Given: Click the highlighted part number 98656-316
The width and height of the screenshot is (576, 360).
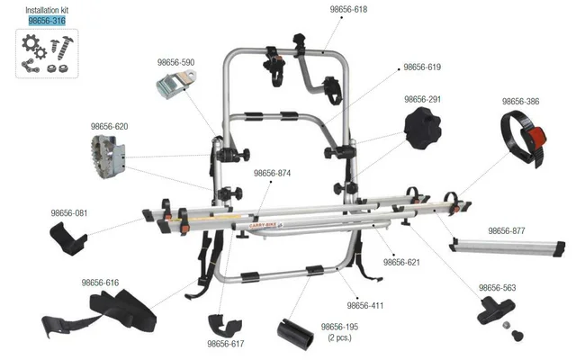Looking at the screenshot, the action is (47, 21).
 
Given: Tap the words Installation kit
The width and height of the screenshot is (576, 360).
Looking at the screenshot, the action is (47, 10).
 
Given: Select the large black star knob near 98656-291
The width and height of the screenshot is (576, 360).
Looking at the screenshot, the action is (422, 128).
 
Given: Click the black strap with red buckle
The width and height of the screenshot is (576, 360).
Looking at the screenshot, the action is (524, 138).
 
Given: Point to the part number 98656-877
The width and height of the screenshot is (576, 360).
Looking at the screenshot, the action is (507, 230).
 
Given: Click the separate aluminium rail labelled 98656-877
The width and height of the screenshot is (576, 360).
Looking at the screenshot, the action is (507, 247).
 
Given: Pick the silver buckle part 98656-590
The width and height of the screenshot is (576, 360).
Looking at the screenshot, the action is (175, 85).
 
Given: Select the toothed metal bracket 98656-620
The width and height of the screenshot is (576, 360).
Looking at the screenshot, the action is (108, 157).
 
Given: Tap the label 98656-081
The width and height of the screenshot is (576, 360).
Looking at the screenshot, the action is (69, 213).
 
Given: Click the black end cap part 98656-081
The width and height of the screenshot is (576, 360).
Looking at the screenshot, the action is (68, 238).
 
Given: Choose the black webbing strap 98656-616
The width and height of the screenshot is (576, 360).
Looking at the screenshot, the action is (99, 312).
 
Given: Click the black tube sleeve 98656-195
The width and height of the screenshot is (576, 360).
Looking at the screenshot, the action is (296, 332).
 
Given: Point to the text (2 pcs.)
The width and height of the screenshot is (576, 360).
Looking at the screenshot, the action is (340, 337).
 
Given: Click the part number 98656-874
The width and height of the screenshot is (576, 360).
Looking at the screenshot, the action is (272, 173).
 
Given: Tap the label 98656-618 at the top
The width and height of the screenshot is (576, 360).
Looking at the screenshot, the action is (348, 10).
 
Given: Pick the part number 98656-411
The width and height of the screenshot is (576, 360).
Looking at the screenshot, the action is (365, 306).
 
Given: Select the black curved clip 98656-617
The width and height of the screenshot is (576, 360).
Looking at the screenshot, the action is (225, 325).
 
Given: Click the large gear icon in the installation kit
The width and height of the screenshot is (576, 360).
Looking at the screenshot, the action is (30, 43).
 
